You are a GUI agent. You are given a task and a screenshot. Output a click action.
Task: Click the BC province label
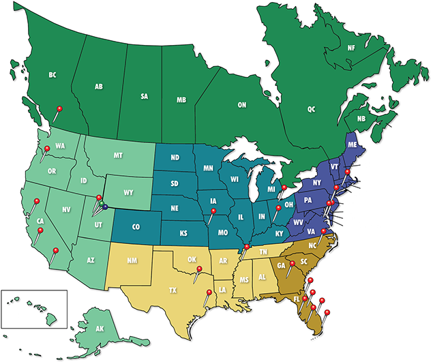(x=53, y=75)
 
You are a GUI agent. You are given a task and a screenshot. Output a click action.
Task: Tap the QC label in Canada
(x=312, y=109)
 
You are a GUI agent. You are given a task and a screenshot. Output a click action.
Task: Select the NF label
(x=351, y=48)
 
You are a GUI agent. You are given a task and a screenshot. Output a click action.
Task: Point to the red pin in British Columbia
(x=60, y=108)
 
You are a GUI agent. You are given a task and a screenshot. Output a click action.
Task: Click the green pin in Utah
(x=101, y=203)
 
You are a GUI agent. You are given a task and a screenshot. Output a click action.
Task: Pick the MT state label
(x=118, y=156)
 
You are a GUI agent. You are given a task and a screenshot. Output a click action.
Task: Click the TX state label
(x=173, y=290)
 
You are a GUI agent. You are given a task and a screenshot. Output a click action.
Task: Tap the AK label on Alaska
(x=100, y=329)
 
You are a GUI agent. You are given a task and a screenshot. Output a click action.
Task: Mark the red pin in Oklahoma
(x=199, y=270)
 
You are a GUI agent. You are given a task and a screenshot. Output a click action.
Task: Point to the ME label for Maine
(x=352, y=145)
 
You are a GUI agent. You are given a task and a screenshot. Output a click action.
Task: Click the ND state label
(x=175, y=158)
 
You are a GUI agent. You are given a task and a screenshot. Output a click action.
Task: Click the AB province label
(x=99, y=87)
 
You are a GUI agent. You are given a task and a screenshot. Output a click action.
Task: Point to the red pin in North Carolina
(x=324, y=231)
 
